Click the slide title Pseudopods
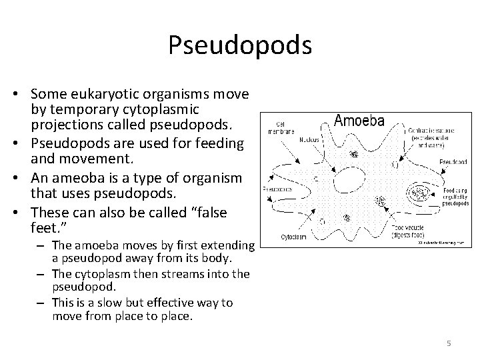point(239,45)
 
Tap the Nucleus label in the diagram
point(291,141)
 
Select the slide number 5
point(449,343)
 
